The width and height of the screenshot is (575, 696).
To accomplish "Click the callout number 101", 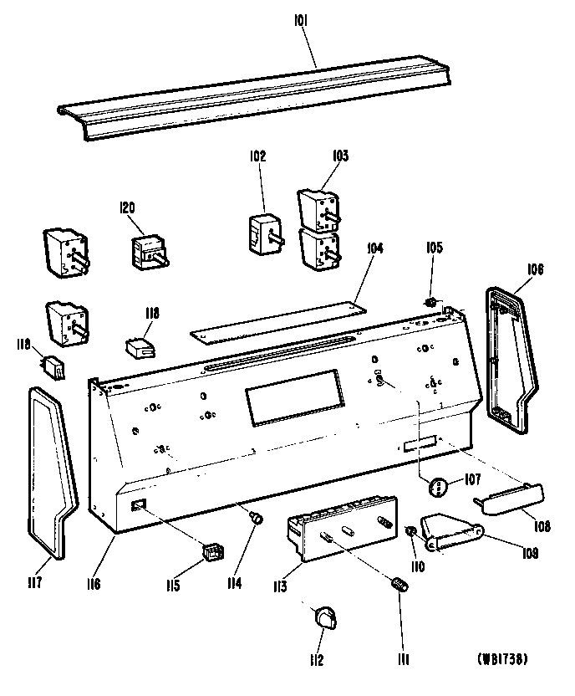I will [x=301, y=38].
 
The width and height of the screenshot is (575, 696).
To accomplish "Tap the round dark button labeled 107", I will [x=438, y=486].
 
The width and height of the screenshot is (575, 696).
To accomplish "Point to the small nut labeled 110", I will [x=411, y=532].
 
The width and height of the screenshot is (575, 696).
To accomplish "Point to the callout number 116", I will [x=92, y=584].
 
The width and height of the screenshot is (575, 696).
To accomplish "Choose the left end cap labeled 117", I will [x=53, y=468].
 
